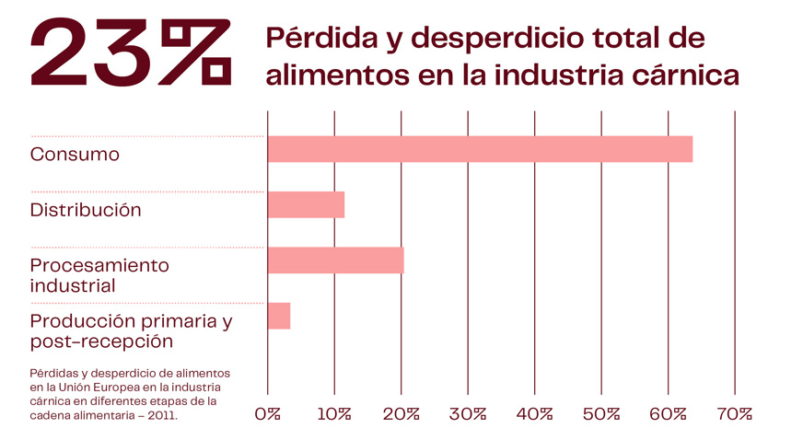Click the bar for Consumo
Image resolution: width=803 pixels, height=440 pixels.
[479, 149]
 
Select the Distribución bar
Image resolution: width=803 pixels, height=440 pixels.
[306, 204]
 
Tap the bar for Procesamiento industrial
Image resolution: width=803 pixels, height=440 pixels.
[335, 261]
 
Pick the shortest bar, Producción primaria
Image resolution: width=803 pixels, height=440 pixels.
[279, 316]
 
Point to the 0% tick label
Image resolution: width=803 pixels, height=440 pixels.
[267, 414]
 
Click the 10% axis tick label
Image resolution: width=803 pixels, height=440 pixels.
[334, 414]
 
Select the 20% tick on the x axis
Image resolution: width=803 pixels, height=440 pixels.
[401, 414]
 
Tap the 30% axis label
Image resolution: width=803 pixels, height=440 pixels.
[468, 414]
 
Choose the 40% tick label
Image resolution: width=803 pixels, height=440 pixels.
[534, 414]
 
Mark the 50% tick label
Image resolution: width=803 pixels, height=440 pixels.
[601, 414]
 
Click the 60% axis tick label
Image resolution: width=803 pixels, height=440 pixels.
[668, 414]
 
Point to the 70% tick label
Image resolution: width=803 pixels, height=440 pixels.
[734, 414]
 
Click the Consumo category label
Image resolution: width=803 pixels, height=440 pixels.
[75, 155]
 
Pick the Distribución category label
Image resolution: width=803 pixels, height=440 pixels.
[86, 210]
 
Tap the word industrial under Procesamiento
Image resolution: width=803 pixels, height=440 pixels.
[73, 285]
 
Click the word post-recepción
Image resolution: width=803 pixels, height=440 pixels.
[101, 342]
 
